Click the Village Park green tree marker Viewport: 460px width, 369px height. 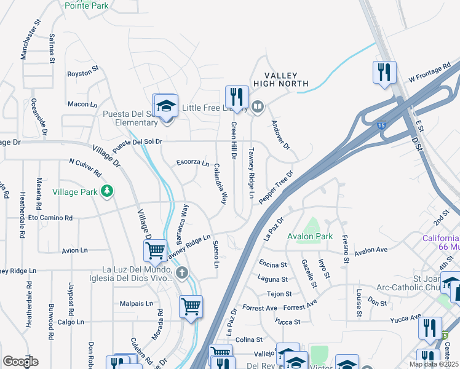108,192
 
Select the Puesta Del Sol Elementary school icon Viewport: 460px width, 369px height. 165,106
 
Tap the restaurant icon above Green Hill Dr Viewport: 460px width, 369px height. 237,97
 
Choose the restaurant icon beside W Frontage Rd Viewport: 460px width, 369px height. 384,73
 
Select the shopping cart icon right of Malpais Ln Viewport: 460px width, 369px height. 191,306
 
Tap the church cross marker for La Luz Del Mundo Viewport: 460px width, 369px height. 181,272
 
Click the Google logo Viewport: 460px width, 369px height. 20,361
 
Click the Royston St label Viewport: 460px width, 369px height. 83,73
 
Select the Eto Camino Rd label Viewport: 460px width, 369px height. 50,218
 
